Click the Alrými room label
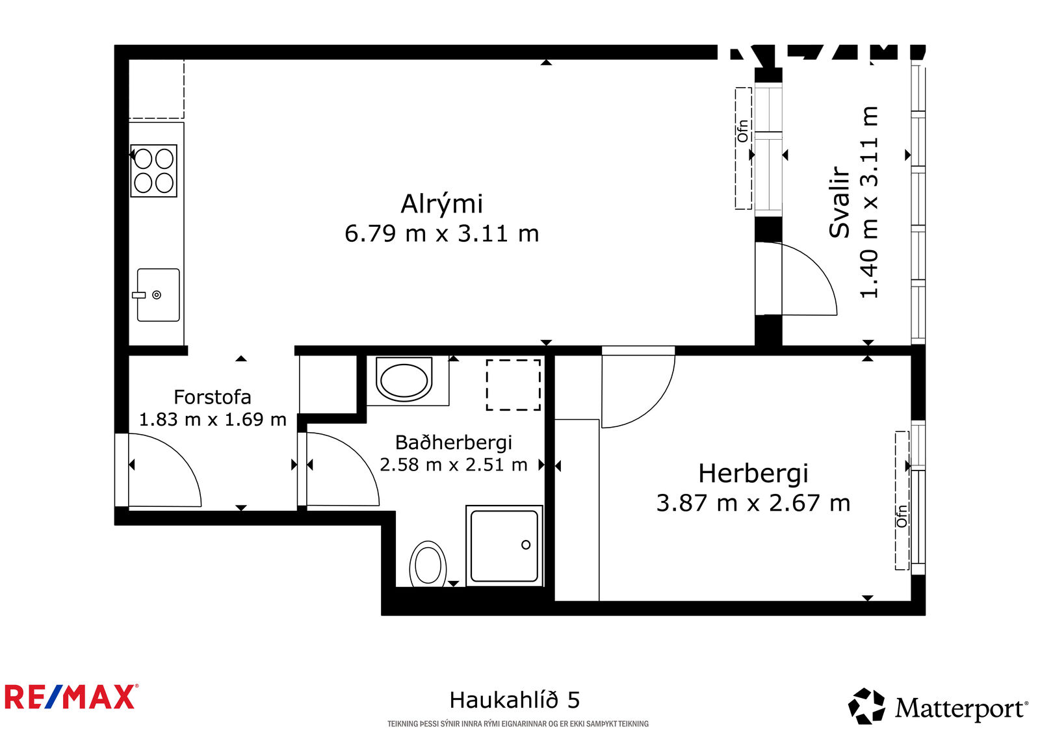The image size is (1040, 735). point(441,205)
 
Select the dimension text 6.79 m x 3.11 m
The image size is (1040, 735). point(441,233)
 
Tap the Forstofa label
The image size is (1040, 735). point(212,398)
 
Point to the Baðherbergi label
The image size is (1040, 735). point(454,443)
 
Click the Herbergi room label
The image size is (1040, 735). point(753,474)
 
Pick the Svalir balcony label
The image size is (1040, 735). point(839,203)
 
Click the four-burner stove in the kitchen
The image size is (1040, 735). point(153,171)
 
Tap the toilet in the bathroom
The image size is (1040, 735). point(428,564)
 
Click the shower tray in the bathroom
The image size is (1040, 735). point(504,545)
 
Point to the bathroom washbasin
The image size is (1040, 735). point(404,380)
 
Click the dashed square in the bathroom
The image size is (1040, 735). point(513,385)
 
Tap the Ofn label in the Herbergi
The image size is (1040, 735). point(902,516)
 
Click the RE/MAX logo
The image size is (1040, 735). point(71,697)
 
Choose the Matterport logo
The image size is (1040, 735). point(937,707)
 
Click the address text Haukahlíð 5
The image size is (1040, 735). point(514,700)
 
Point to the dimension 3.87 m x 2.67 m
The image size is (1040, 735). point(753,503)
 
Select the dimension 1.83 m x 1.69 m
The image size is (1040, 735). point(213,420)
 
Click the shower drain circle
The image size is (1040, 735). point(526,545)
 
